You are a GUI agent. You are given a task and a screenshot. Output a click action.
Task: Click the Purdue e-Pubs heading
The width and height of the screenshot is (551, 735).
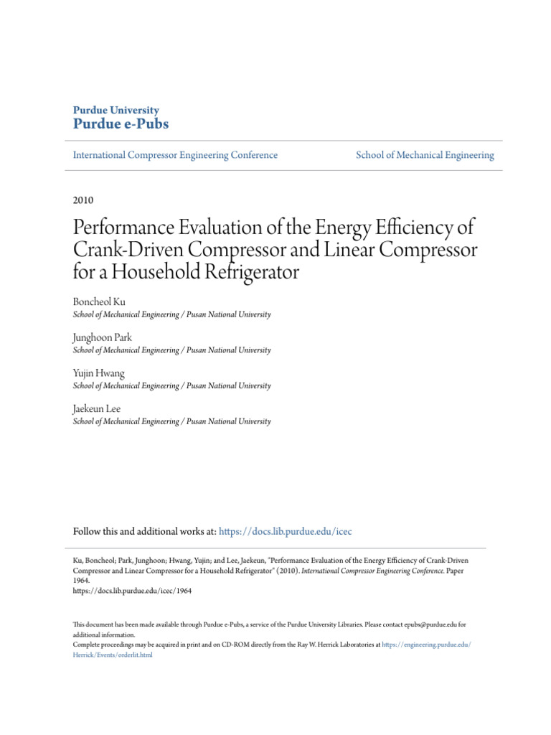[121, 123]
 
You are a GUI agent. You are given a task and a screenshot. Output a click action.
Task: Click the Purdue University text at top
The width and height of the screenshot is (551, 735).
[116, 110]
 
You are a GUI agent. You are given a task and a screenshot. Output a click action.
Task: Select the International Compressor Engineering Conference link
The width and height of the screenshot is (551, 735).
[175, 155]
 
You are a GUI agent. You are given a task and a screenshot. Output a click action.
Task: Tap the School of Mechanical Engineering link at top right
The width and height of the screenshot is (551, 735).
[425, 155]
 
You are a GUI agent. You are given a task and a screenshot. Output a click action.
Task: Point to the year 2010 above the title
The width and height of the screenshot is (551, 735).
[83, 200]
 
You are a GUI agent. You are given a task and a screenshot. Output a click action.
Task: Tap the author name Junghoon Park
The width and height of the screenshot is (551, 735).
[103, 337]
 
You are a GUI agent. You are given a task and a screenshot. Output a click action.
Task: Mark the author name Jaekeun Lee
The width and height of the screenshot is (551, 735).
[97, 408]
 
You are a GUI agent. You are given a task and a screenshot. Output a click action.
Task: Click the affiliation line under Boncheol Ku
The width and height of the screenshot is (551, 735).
[172, 314]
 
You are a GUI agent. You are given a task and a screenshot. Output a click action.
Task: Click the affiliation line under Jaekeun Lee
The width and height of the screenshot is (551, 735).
[172, 421]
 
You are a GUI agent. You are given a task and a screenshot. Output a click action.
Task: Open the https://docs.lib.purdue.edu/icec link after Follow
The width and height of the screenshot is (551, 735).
[286, 532]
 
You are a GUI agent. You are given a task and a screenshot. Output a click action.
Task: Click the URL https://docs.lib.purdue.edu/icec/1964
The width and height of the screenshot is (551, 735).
[133, 591]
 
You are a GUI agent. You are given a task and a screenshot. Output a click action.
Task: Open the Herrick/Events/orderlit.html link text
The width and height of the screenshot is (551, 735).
[113, 655]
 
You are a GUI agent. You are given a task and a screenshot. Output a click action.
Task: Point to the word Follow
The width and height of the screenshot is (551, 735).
[88, 532]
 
